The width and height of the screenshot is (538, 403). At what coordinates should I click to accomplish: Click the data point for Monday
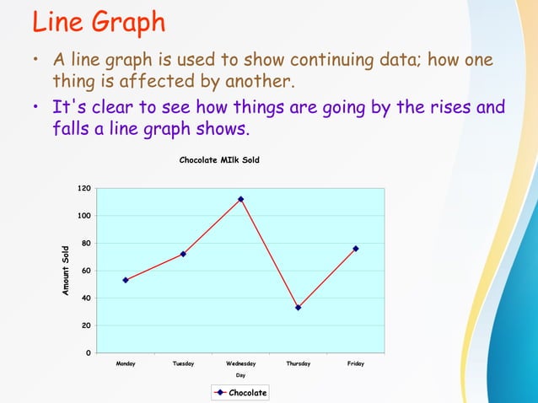point(126,280)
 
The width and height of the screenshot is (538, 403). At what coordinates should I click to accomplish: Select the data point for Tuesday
point(183,254)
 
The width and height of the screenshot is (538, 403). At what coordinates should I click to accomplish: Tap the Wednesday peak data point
point(240,199)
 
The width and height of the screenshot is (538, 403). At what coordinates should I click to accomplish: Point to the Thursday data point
point(299,308)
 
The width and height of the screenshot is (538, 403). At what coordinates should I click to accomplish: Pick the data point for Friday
point(356,249)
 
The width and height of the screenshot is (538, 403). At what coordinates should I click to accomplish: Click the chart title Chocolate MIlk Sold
point(219,159)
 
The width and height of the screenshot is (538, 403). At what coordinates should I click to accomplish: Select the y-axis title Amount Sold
point(66,270)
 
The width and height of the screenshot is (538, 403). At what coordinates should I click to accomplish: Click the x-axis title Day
point(240,375)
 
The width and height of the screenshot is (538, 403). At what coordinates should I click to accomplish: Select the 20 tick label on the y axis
point(86,325)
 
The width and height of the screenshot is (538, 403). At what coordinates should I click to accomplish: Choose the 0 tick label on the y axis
point(89,352)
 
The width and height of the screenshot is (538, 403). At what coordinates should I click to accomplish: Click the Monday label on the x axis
point(126,363)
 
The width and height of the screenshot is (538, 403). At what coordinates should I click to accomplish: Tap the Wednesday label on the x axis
point(240,363)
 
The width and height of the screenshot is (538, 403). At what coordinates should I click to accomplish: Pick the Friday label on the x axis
point(356,363)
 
